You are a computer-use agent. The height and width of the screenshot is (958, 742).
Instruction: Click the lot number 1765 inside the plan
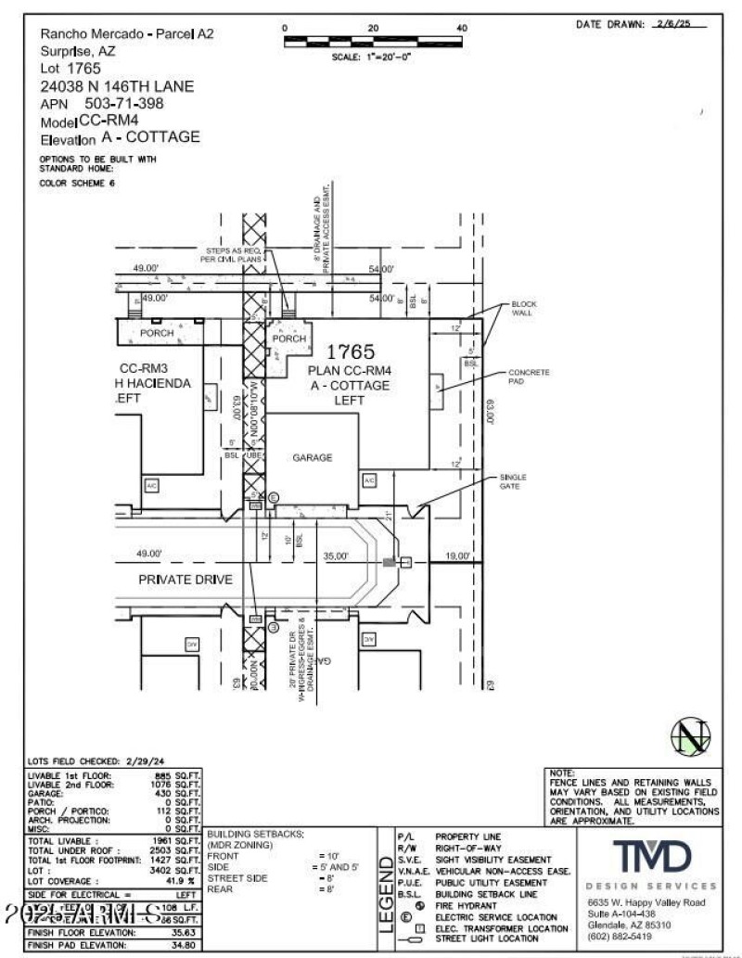coord(350,352)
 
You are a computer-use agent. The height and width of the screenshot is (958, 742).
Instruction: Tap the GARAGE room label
coord(313,457)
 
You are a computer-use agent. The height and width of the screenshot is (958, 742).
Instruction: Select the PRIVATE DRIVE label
coord(185,580)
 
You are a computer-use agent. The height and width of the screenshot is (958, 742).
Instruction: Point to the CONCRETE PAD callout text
coord(528,377)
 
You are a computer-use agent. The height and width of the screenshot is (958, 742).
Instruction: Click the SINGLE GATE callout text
coord(512,480)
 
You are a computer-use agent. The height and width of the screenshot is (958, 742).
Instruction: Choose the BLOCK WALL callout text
coord(523,309)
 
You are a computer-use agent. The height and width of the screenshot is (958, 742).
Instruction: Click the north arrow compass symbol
coord(690,737)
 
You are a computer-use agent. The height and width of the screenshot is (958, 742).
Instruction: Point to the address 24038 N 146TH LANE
coord(117,85)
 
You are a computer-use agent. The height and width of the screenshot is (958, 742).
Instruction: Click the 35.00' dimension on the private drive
coord(336,556)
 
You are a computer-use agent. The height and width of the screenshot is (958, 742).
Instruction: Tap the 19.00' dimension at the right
coord(458,556)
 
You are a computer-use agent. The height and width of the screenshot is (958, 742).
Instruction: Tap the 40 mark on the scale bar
coord(462,29)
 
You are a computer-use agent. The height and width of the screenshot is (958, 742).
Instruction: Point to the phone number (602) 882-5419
coord(620,937)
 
